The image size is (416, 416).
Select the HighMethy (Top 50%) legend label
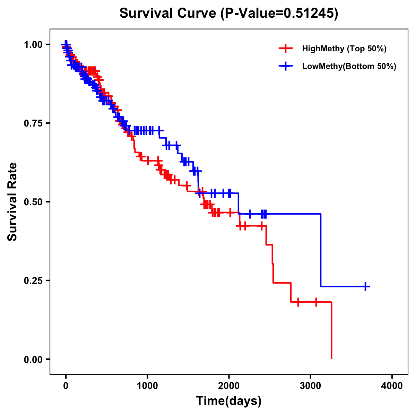[x=344, y=49]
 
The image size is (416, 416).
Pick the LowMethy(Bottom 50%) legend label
[x=349, y=66]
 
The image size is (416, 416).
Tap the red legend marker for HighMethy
[x=286, y=49]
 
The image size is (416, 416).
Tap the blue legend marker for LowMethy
[x=286, y=66]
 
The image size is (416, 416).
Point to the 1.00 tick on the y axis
[x=33, y=45]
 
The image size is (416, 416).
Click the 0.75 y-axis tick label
[x=33, y=123]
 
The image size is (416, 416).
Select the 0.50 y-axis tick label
[x=33, y=202]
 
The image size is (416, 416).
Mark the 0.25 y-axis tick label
[x=33, y=281]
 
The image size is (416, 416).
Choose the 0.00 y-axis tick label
[x=33, y=359]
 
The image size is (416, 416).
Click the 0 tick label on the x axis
[x=66, y=385]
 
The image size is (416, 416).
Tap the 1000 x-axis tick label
[x=147, y=385]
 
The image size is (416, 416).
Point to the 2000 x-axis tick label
[x=229, y=385]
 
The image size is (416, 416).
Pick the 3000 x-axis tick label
[x=311, y=385]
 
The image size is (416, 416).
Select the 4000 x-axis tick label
[x=392, y=385]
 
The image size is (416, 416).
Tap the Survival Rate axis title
[x=12, y=201]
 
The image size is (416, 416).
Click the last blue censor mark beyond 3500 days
[x=365, y=286]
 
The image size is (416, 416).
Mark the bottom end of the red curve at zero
[x=331, y=358]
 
